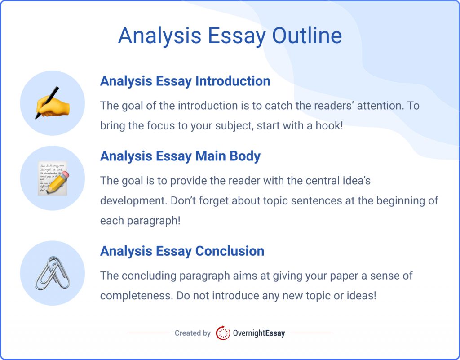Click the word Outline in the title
pos(307,36)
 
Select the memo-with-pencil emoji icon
pos(53,178)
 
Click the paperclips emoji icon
pos(53,273)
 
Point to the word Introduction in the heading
pos(233,81)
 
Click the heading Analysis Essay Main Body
pos(180,156)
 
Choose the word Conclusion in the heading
pos(230,251)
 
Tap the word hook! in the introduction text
pos(329,126)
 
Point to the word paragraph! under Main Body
pos(154,221)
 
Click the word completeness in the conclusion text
pos(135,296)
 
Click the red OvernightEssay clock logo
pos(223,333)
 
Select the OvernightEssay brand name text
pos(259,333)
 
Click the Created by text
pos(192,333)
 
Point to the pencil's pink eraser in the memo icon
pos(66,175)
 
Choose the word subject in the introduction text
pos(234,126)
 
